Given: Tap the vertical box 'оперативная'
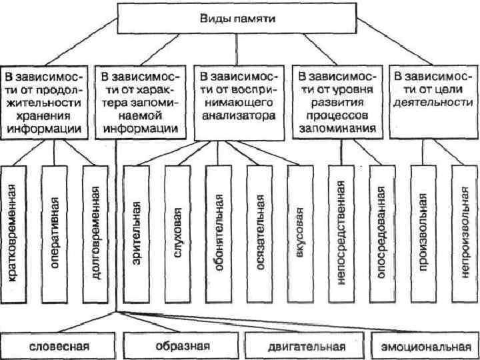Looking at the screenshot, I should click(57, 231).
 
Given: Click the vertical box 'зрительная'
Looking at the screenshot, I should click(137, 231).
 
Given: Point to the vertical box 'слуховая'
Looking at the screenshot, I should click(178, 231).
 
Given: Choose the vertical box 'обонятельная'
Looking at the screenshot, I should click(219, 231).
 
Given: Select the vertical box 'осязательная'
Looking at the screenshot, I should click(260, 231).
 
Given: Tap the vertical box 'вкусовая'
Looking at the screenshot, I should click(301, 231).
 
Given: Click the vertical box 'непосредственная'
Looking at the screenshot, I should click(341, 231).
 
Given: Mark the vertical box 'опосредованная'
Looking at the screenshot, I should click(381, 231).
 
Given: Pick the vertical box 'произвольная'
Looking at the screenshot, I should click(423, 231).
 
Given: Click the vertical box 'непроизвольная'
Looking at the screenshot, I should click(463, 231).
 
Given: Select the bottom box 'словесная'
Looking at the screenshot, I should click(59, 347).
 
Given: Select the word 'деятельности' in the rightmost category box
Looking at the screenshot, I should click(433, 103).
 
